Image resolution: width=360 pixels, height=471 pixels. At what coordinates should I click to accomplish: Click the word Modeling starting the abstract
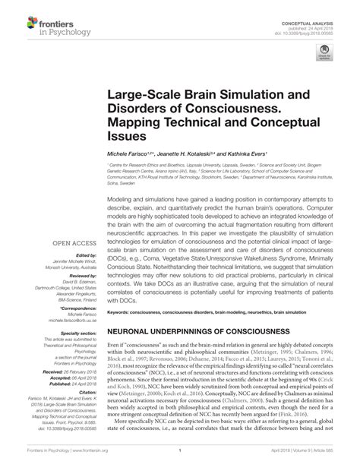122,195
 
